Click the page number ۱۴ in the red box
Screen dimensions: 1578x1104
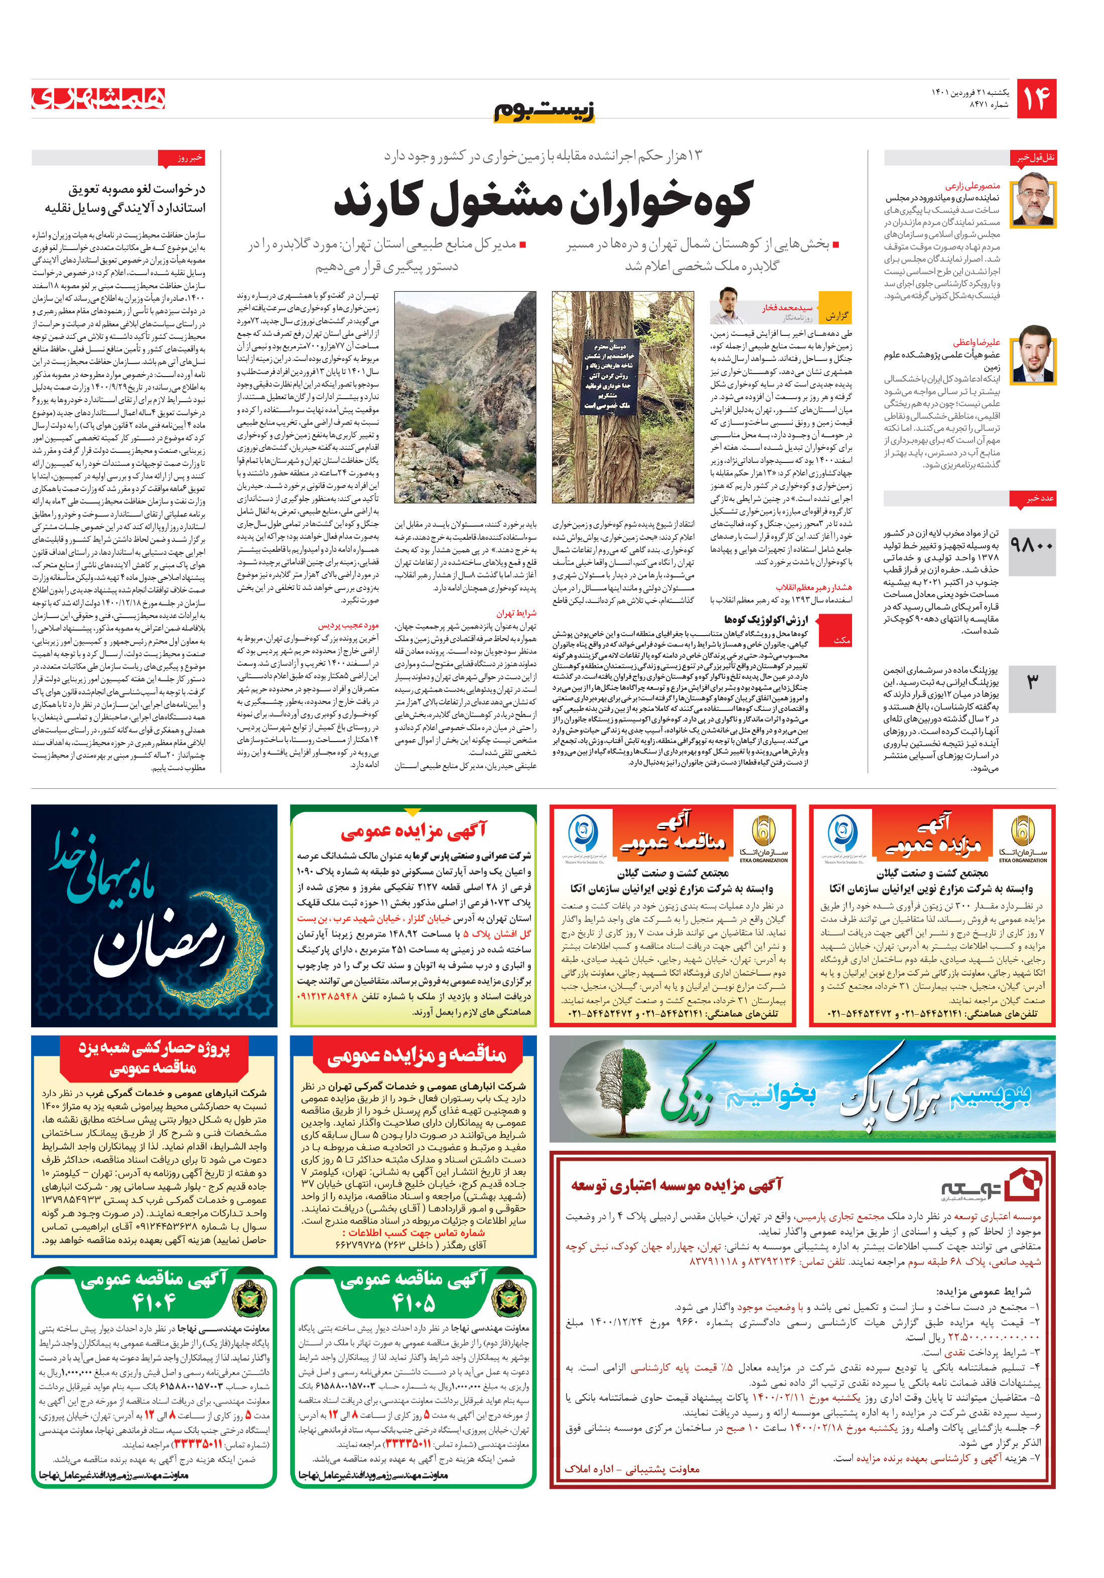[x=1036, y=99]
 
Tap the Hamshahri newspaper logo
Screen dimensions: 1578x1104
[x=98, y=98]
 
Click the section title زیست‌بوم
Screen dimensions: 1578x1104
[x=544, y=110]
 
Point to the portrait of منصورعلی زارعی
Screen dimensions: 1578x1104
[x=1033, y=199]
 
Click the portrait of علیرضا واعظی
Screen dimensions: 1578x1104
[x=1033, y=354]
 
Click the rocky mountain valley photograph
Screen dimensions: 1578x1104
[x=465, y=397]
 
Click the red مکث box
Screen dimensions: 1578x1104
[x=841, y=639]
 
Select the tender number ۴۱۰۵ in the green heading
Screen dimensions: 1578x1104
[x=413, y=1302]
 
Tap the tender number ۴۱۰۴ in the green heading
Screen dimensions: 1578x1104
[x=154, y=1302]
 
